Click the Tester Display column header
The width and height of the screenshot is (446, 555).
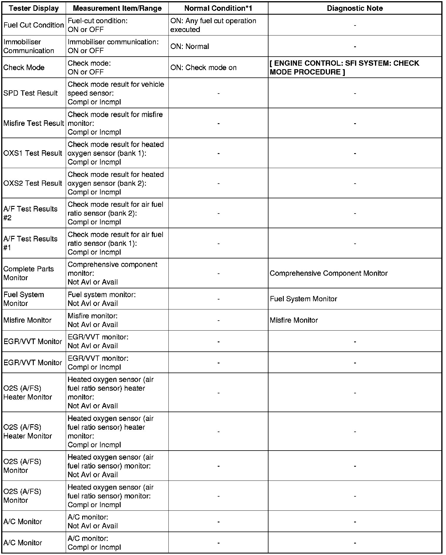point(34,8)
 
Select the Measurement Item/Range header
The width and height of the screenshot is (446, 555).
point(117,8)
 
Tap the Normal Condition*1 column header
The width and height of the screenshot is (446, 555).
point(218,8)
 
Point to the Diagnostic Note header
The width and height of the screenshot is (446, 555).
point(355,8)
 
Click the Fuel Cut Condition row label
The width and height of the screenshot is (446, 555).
point(34,25)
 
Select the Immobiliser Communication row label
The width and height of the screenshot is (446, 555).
point(29,46)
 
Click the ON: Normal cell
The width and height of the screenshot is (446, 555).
point(190,46)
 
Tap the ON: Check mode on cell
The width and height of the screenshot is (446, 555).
point(203,67)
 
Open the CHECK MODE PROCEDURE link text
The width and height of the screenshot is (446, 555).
point(344,67)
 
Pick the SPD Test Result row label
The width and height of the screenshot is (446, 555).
point(31,93)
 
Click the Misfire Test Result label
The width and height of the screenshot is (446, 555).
point(34,123)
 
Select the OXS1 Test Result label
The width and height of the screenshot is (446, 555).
point(33,153)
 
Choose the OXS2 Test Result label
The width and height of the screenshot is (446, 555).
point(33,183)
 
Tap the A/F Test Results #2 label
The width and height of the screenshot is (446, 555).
point(30,213)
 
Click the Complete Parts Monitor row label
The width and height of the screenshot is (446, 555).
point(28,273)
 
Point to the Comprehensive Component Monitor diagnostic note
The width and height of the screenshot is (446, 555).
point(329,273)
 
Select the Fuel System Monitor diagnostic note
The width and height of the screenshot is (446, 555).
point(303,299)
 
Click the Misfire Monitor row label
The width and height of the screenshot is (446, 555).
point(27,320)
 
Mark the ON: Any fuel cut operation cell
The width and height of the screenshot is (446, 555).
point(213,25)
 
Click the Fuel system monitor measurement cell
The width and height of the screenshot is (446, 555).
point(102,299)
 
